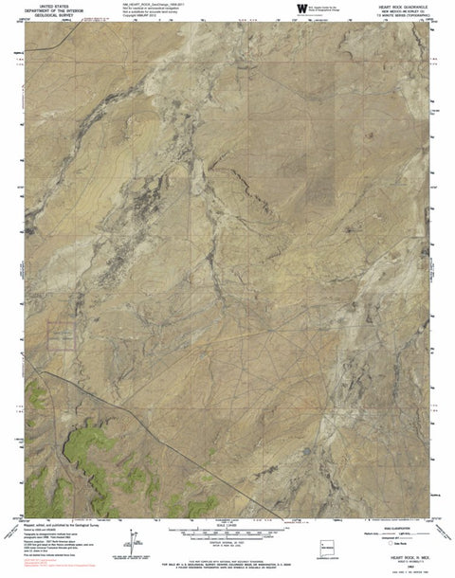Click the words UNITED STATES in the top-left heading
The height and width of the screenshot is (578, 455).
tap(47, 6)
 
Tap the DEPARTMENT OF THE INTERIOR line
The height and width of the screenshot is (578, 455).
tap(47, 10)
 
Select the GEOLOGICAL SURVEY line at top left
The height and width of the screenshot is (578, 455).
tap(47, 15)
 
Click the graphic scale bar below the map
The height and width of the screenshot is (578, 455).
tap(231, 532)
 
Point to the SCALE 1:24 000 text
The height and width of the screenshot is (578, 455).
tap(231, 526)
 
